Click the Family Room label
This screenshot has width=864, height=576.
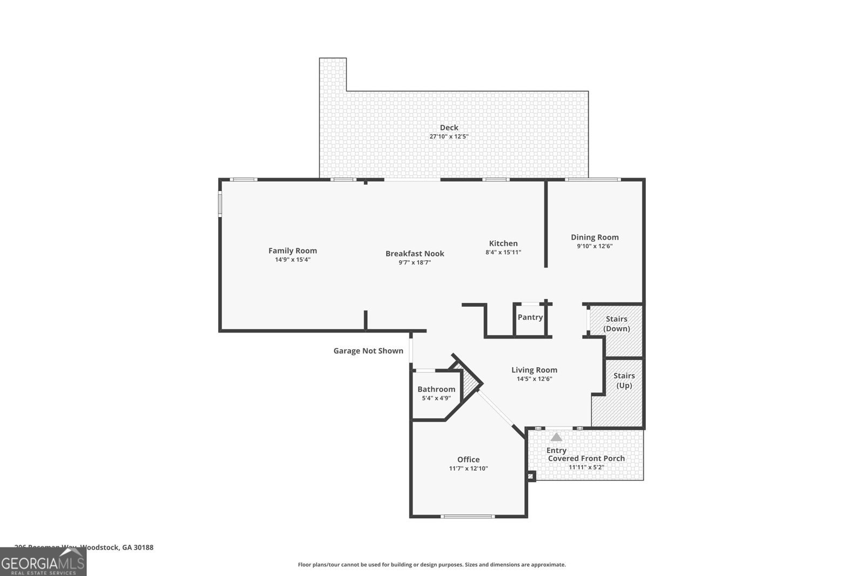tap(293, 250)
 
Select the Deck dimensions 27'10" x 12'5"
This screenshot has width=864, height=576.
tap(449, 137)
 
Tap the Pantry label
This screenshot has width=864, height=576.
tap(530, 317)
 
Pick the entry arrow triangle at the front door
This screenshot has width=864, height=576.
tap(556, 437)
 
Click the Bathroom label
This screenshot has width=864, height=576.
tap(436, 389)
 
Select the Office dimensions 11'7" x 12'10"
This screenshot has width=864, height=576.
tap(468, 469)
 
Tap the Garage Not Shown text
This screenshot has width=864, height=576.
tap(368, 351)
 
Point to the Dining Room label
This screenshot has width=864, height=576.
tap(595, 237)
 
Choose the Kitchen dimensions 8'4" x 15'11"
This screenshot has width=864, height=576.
tap(503, 252)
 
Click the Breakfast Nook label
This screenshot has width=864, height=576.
tap(415, 253)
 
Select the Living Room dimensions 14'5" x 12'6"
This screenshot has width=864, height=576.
tap(534, 379)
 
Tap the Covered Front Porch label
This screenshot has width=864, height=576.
tap(586, 458)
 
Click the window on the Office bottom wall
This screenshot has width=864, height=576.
tap(468, 517)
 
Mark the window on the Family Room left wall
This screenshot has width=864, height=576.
tap(220, 205)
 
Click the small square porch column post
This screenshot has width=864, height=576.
tap(531, 476)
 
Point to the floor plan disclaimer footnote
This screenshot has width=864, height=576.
tap(431, 565)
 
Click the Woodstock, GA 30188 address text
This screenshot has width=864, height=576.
tap(117, 547)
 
